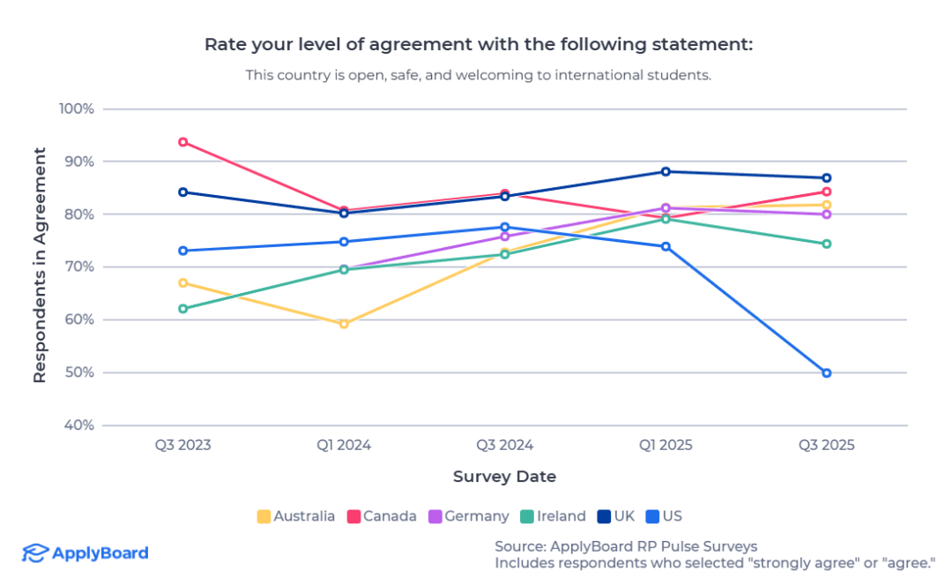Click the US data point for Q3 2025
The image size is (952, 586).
coord(827,373)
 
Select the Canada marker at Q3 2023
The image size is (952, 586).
coord(183,142)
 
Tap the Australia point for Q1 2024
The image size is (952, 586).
coord(344,324)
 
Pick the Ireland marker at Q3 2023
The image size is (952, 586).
coord(183,309)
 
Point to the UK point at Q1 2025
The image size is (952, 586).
coord(666,171)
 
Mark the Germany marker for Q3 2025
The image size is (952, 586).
coord(827,214)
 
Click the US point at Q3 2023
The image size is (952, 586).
coord(183,251)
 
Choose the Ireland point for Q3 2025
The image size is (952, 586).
coord(827,244)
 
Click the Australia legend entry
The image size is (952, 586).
coord(295,516)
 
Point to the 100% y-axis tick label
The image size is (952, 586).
coord(76,109)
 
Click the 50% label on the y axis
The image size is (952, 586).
coord(78,372)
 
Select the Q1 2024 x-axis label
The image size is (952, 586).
coord(344,445)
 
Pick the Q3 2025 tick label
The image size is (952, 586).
coord(827,445)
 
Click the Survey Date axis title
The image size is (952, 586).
coord(504,477)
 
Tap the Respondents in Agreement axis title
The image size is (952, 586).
coord(40,266)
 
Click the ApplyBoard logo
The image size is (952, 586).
coord(86,553)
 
